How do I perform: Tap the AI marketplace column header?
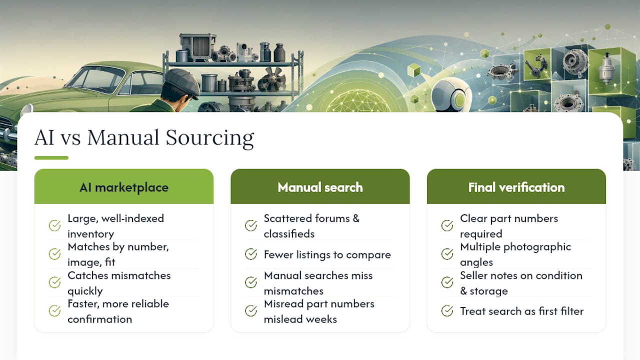pos(123,186)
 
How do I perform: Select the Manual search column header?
pos(320,186)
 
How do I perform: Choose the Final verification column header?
pos(516,186)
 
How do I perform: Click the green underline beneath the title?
pos(51,157)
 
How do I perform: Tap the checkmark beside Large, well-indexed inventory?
pos(54,225)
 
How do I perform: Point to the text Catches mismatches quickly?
pos(119,283)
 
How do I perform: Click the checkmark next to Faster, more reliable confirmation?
pos(54,311)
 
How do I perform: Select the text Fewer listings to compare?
pos(327,254)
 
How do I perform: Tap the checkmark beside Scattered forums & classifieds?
pos(251,225)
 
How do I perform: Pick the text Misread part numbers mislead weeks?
pos(319,311)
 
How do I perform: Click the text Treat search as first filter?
pos(521,311)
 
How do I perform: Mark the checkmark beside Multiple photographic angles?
pos(447,254)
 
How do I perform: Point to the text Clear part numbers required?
pos(509,226)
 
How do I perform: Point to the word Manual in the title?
pos(123,137)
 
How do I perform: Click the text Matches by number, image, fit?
pos(118,254)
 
